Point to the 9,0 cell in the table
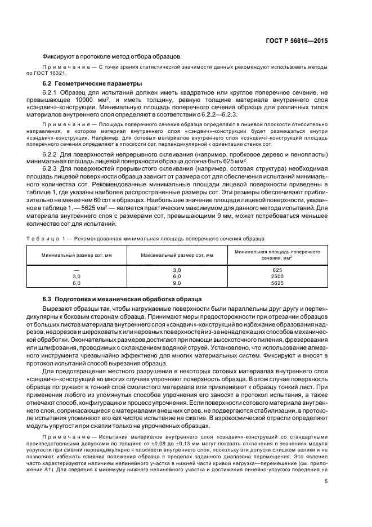click(176, 284)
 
